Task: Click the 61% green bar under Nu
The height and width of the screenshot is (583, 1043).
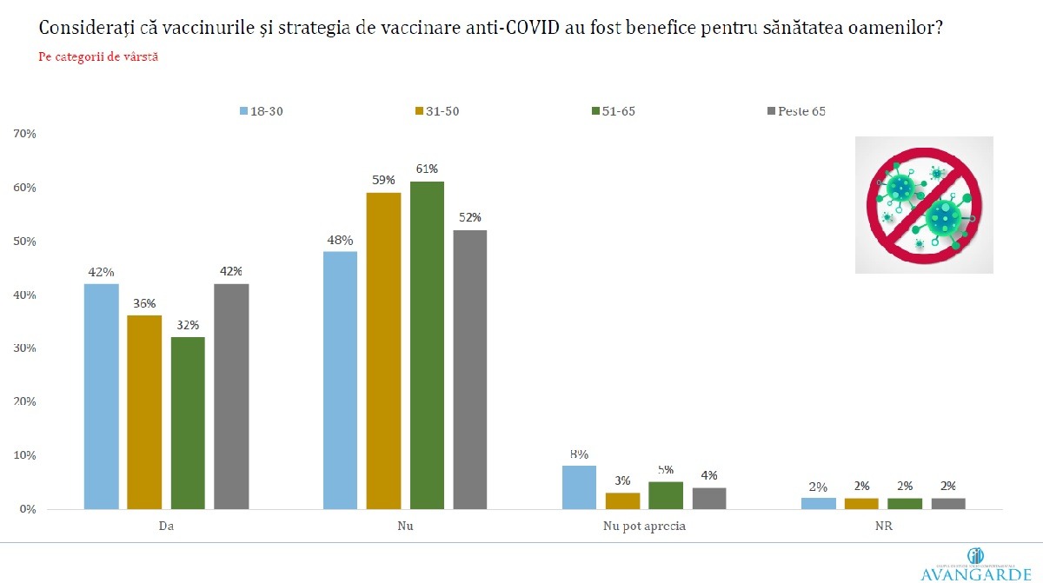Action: click(x=427, y=345)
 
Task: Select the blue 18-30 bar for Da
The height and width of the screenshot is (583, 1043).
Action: click(x=101, y=396)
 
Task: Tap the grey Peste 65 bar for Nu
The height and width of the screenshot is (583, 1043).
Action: click(x=470, y=369)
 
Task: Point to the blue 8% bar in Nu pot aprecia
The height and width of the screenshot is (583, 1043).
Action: click(x=579, y=487)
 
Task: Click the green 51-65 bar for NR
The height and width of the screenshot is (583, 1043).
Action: click(x=905, y=503)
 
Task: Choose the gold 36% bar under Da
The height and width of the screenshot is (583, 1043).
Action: click(x=144, y=412)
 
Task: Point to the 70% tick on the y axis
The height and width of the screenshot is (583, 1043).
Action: click(x=23, y=134)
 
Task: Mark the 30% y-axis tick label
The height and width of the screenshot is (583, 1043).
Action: click(x=23, y=348)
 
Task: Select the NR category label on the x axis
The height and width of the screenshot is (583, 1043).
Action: click(x=883, y=527)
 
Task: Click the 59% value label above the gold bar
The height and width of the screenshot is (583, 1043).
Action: click(x=383, y=180)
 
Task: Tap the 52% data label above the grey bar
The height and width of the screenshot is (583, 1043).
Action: click(x=470, y=217)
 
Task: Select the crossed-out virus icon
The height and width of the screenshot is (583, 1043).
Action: click(x=924, y=205)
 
